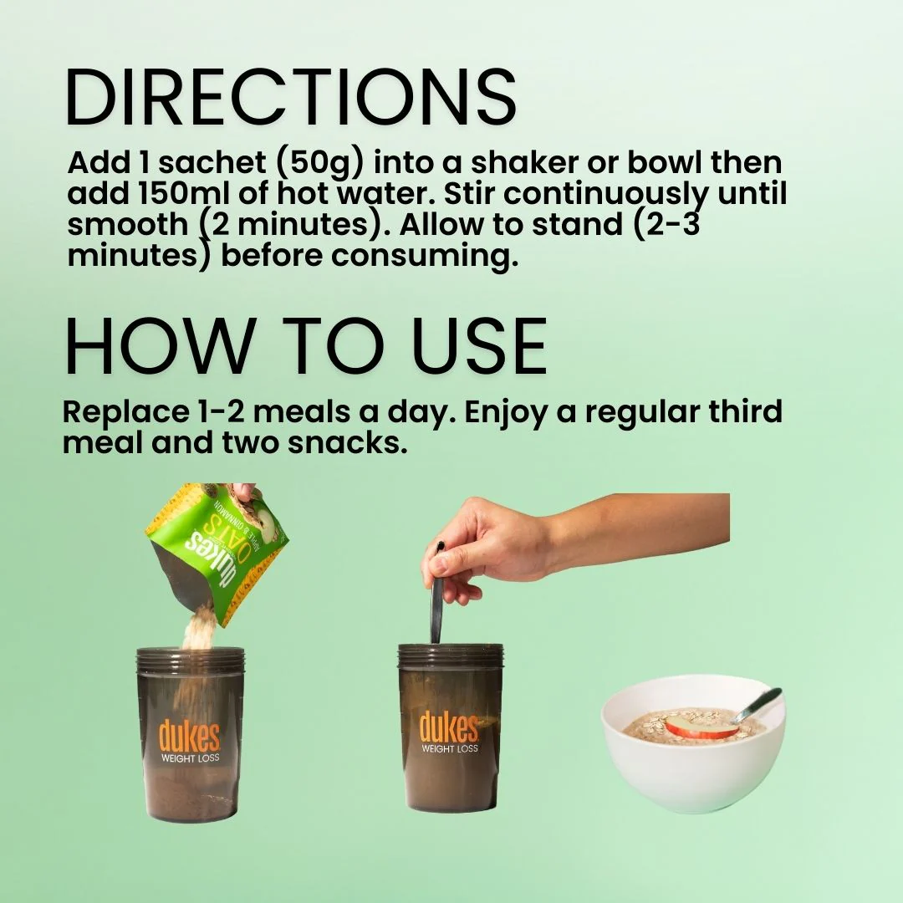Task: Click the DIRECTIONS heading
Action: coord(291,97)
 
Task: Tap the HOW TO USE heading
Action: coord(305,347)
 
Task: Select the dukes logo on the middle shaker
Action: coord(449,727)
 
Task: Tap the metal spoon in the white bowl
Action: coord(758,705)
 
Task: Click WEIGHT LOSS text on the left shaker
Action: coord(190,758)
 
